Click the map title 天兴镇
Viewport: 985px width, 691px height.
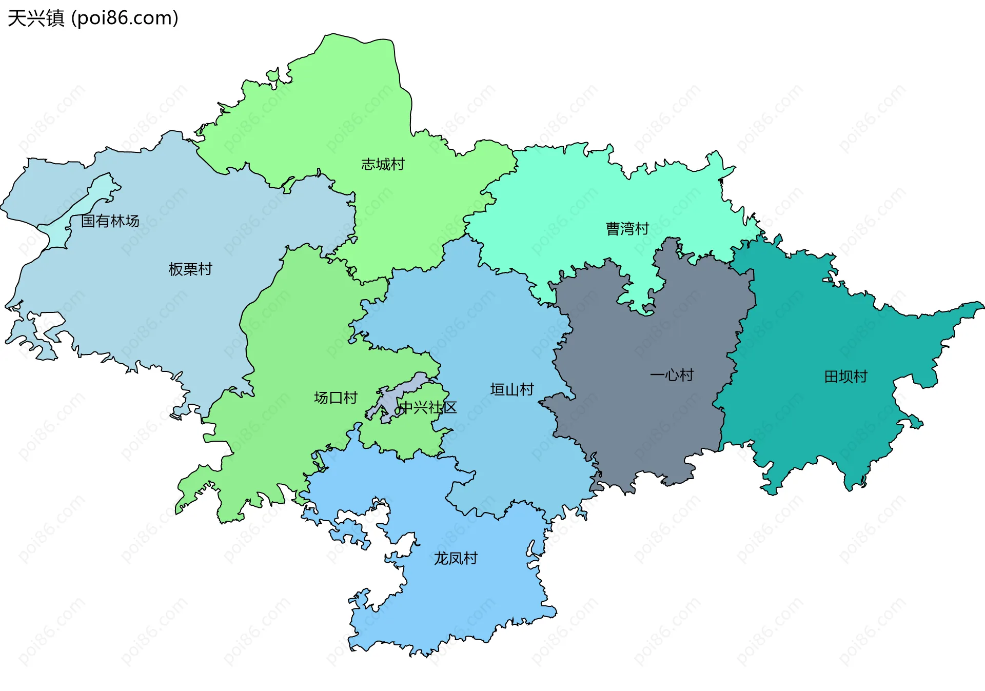36,18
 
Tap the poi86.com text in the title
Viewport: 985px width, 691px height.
125,18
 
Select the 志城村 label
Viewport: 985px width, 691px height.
383,164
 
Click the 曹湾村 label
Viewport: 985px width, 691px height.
627,228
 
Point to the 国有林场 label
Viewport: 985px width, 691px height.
110,221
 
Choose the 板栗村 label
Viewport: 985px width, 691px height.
190,269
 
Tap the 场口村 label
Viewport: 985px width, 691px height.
336,398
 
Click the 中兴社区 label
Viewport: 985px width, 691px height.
428,408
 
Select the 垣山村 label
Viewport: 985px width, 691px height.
512,390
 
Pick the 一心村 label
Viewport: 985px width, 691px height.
672,375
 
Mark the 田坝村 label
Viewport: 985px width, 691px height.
845,377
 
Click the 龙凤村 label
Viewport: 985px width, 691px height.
456,558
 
